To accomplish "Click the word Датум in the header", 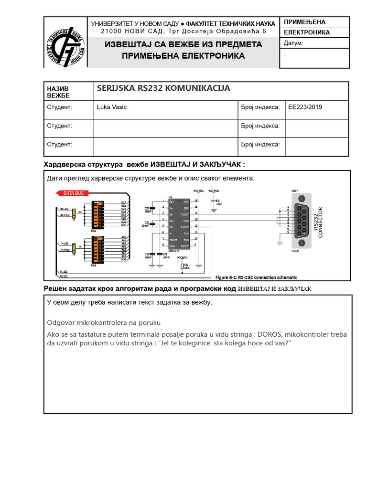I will (293, 43).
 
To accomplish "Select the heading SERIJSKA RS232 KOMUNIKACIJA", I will (163, 88).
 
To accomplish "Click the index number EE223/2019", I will (305, 107).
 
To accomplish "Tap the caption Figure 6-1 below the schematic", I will (256, 277).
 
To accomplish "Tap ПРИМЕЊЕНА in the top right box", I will (304, 22).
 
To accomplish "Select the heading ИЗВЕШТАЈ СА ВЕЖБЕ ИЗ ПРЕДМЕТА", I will (183, 44).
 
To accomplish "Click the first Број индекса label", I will (260, 107).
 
